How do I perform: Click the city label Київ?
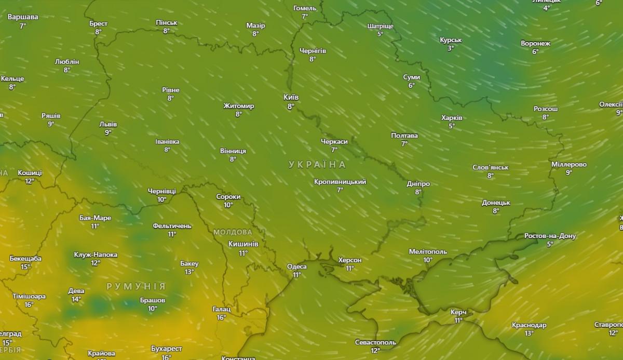291,97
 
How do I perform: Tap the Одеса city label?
297,266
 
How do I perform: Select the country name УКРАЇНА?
317,165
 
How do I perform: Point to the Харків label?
452,117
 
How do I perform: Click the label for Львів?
108,124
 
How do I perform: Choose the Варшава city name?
23,17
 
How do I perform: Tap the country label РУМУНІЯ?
136,286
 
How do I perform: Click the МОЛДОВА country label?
233,232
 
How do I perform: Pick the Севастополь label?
375,342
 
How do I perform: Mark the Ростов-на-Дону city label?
550,236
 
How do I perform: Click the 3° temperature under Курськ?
450,48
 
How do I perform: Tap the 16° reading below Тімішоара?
29,305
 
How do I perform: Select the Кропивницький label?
340,182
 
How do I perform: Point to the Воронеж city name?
535,43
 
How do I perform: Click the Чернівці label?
161,191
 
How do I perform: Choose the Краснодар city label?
529,325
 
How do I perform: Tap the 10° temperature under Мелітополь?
428,260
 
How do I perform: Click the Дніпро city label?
418,183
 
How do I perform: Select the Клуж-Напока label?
96,255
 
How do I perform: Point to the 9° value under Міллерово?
569,172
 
